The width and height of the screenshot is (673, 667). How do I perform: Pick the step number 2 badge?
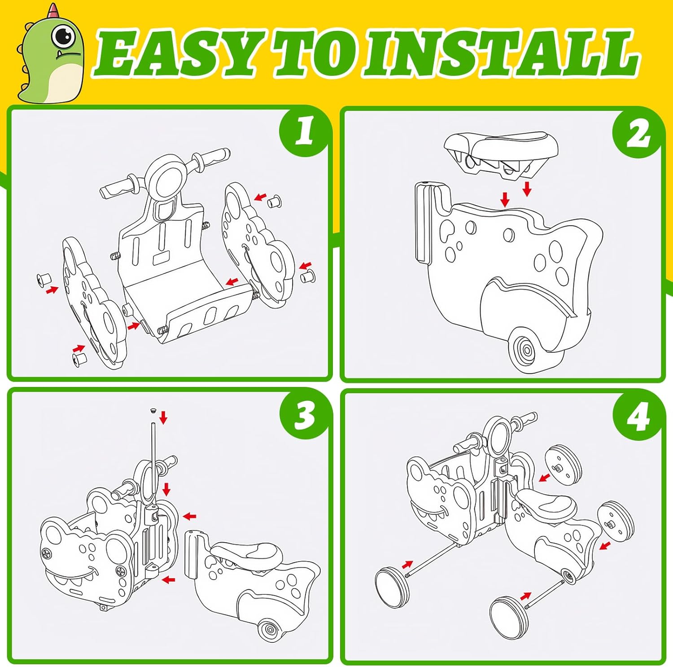[638, 133]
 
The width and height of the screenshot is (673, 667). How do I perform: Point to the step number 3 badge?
[305, 414]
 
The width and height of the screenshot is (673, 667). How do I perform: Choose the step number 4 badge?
[638, 416]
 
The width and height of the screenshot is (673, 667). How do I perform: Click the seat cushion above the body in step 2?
[501, 154]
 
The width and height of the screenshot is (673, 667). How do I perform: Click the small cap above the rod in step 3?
[153, 410]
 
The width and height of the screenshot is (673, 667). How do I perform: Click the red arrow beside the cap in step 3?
[163, 417]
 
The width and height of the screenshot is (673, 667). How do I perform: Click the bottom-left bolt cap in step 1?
[79, 360]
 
